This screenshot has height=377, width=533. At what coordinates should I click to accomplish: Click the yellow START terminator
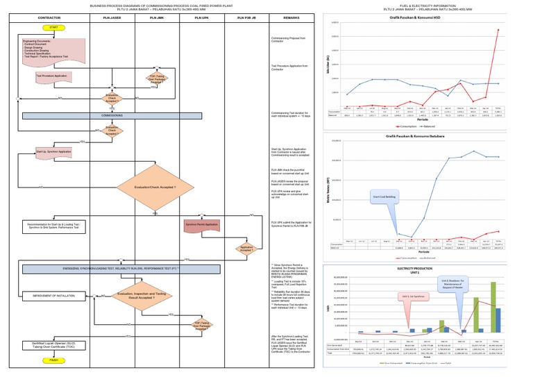(51, 27)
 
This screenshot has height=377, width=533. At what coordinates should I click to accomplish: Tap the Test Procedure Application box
(53, 76)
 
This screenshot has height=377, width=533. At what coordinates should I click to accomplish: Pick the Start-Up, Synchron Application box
(54, 151)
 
